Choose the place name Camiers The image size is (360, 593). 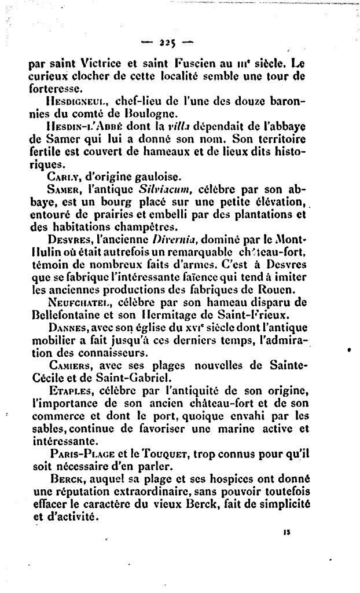(x=71, y=366)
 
